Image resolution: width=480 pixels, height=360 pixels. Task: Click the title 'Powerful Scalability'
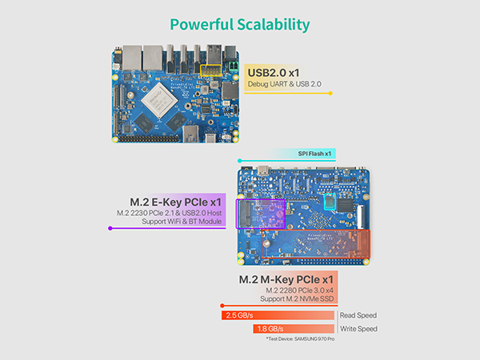tap(239, 23)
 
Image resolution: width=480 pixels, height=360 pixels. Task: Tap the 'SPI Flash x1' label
tap(314, 153)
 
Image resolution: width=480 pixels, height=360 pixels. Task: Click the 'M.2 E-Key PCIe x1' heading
tap(176, 200)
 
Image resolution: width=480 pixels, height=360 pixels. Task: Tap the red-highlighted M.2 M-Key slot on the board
tap(315, 243)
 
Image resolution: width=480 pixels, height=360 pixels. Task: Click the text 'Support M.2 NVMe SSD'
tap(296, 298)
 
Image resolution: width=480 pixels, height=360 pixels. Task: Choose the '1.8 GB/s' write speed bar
tap(293, 329)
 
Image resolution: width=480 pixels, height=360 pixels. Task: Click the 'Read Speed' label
tap(358, 315)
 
